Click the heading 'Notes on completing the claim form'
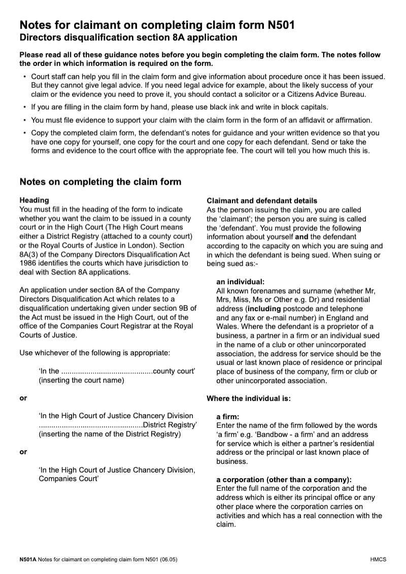click(x=100, y=182)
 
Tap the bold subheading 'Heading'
click(x=34, y=200)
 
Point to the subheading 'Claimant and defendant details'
click(x=262, y=200)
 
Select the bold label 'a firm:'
click(x=227, y=417)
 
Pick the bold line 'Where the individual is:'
click(x=249, y=398)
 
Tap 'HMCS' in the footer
click(x=378, y=559)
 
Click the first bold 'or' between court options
click(x=23, y=398)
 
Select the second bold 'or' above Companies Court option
click(x=23, y=452)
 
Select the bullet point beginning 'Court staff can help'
click(x=203, y=85)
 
